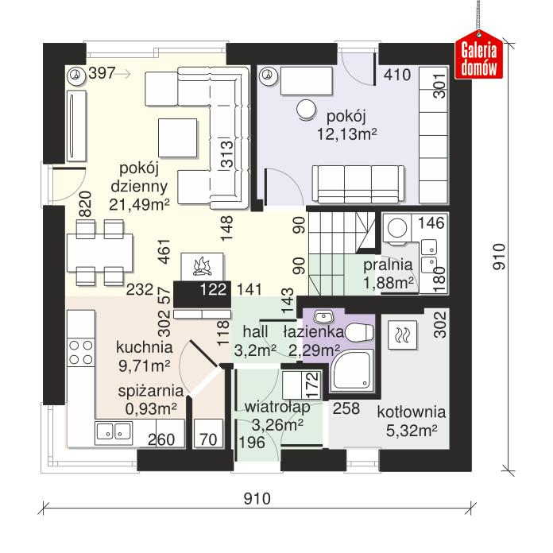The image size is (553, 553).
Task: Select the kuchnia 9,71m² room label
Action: coord(144,356)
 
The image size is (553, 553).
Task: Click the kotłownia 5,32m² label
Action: coord(411,422)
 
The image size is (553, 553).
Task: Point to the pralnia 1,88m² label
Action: coord(388,274)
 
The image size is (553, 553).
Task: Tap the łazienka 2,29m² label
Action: coord(315,340)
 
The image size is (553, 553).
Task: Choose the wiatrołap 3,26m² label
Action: coord(273,416)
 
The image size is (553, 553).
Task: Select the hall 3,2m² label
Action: coord(255,340)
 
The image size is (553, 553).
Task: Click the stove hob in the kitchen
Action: coord(80,350)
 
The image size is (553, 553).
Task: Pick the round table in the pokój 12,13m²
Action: coord(306,110)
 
